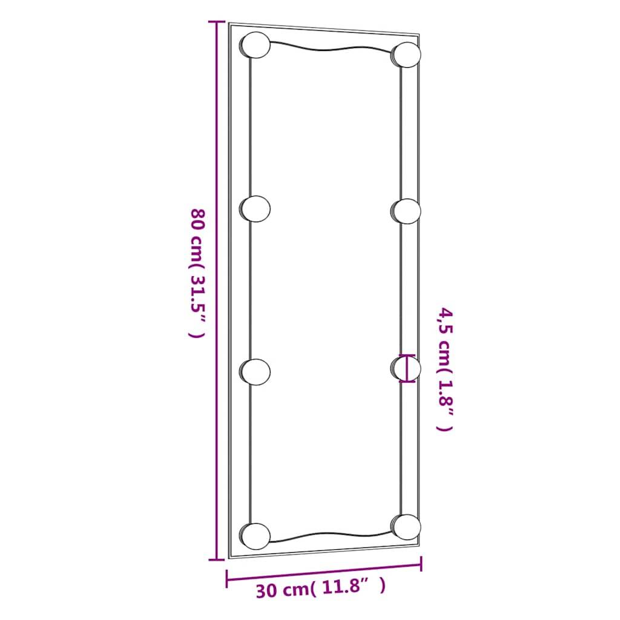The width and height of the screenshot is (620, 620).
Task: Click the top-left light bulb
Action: [x=255, y=45]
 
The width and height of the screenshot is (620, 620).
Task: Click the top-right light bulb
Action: [x=406, y=54]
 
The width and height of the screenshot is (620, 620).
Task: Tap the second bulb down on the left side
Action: [x=254, y=208]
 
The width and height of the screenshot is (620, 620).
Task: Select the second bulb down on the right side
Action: [x=406, y=211]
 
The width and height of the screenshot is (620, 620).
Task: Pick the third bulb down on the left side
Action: [x=254, y=371]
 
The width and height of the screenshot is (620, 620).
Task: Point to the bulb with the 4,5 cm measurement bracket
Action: [x=406, y=368]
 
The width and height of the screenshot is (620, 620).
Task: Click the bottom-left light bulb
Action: [x=254, y=535]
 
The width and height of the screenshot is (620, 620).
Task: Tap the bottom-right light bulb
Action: [x=406, y=526]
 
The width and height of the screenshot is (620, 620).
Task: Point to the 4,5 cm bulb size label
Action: [x=445, y=369]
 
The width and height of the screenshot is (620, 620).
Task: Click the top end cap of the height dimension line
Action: [x=216, y=22]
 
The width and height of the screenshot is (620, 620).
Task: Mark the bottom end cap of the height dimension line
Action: [x=216, y=560]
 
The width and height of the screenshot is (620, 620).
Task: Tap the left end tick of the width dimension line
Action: [x=227, y=578]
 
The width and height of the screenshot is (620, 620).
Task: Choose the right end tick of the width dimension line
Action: [x=421, y=565]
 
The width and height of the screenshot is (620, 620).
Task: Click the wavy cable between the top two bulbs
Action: [x=330, y=48]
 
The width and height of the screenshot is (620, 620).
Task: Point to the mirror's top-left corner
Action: [x=229, y=24]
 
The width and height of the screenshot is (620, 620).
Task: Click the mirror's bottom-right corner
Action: [x=419, y=548]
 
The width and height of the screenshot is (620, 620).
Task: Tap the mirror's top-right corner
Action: [x=419, y=35]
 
